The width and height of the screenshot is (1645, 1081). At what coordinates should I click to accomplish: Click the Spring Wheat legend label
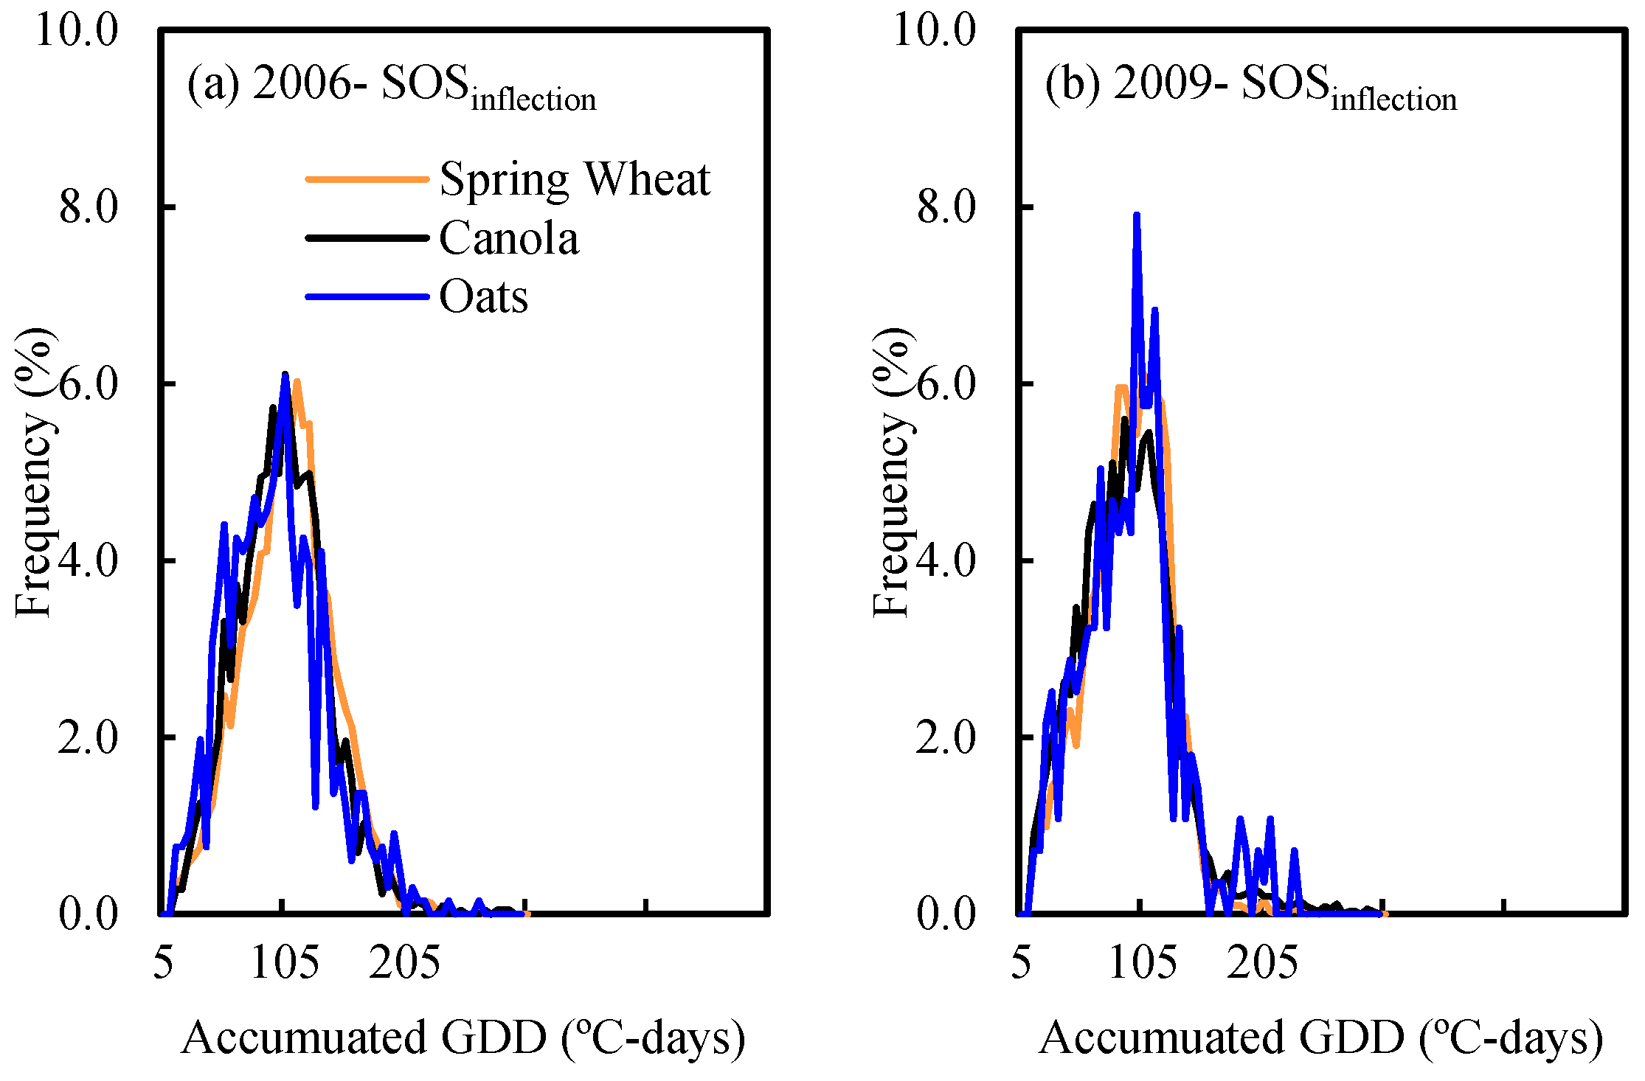(574, 179)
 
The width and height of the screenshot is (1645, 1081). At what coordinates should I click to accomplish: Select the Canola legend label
(509, 238)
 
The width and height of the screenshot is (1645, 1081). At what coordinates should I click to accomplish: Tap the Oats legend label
(483, 297)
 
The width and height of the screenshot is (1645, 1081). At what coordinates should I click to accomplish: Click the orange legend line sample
(367, 179)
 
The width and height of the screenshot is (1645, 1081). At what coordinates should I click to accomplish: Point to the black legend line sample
(367, 238)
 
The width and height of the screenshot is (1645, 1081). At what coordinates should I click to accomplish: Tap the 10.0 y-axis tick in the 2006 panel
(77, 31)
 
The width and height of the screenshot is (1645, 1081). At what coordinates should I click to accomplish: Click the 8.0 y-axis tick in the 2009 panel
(946, 206)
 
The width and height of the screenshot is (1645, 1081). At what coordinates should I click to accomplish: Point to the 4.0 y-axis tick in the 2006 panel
(89, 560)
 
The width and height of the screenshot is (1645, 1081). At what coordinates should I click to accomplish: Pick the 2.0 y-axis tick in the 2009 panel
(946, 737)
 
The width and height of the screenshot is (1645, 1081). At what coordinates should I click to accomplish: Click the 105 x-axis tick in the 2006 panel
(285, 963)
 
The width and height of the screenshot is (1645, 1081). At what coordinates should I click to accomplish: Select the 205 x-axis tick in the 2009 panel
(1262, 963)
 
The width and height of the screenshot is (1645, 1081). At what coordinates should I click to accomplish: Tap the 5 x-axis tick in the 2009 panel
(1021, 963)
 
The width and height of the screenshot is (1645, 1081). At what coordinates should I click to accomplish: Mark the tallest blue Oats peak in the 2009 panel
(1137, 216)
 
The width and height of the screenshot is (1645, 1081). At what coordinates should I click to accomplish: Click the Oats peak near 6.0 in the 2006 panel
(285, 375)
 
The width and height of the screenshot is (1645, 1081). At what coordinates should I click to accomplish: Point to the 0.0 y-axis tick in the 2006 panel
(89, 914)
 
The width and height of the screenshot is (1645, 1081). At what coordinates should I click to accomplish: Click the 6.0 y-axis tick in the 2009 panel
(946, 383)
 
